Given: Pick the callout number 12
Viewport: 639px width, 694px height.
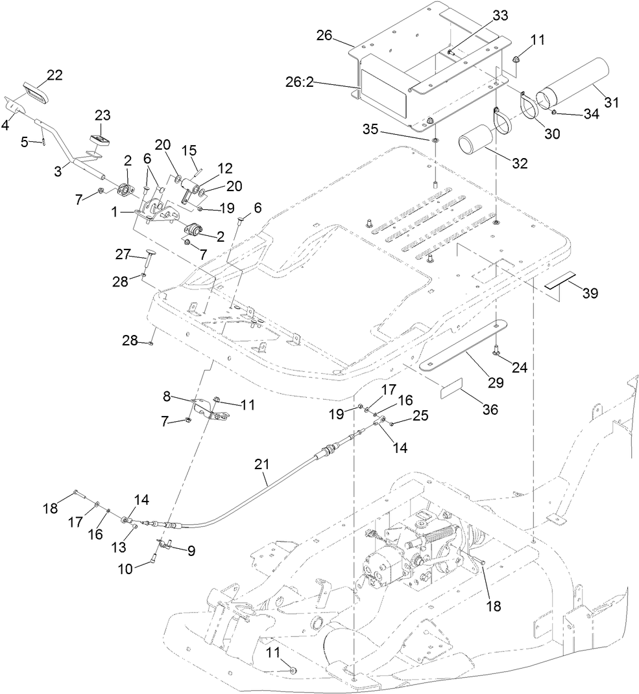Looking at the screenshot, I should pyautogui.click(x=207, y=168).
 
